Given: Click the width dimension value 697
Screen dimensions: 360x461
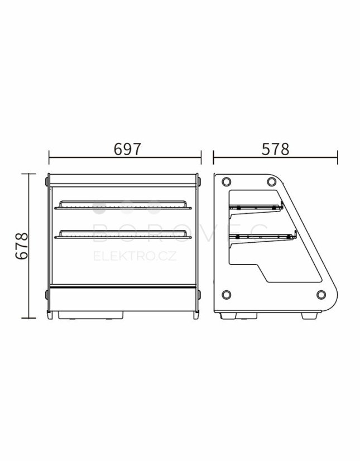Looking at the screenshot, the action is (x=128, y=149).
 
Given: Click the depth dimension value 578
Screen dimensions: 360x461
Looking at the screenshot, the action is (x=275, y=149).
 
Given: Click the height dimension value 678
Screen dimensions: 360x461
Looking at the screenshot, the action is (x=22, y=246).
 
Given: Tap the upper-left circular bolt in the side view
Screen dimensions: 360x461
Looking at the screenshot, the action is (x=226, y=182).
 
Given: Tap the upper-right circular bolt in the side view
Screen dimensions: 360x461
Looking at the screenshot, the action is (x=271, y=182).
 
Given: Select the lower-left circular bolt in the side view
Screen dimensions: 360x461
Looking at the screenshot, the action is (x=226, y=294).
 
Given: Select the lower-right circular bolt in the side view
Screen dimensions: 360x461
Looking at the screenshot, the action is (x=321, y=294).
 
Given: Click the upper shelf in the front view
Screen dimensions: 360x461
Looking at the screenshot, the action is (x=123, y=205).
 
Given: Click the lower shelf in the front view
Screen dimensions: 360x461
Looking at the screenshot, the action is (x=123, y=234).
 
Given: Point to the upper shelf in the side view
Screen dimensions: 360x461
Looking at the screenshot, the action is (x=256, y=209).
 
